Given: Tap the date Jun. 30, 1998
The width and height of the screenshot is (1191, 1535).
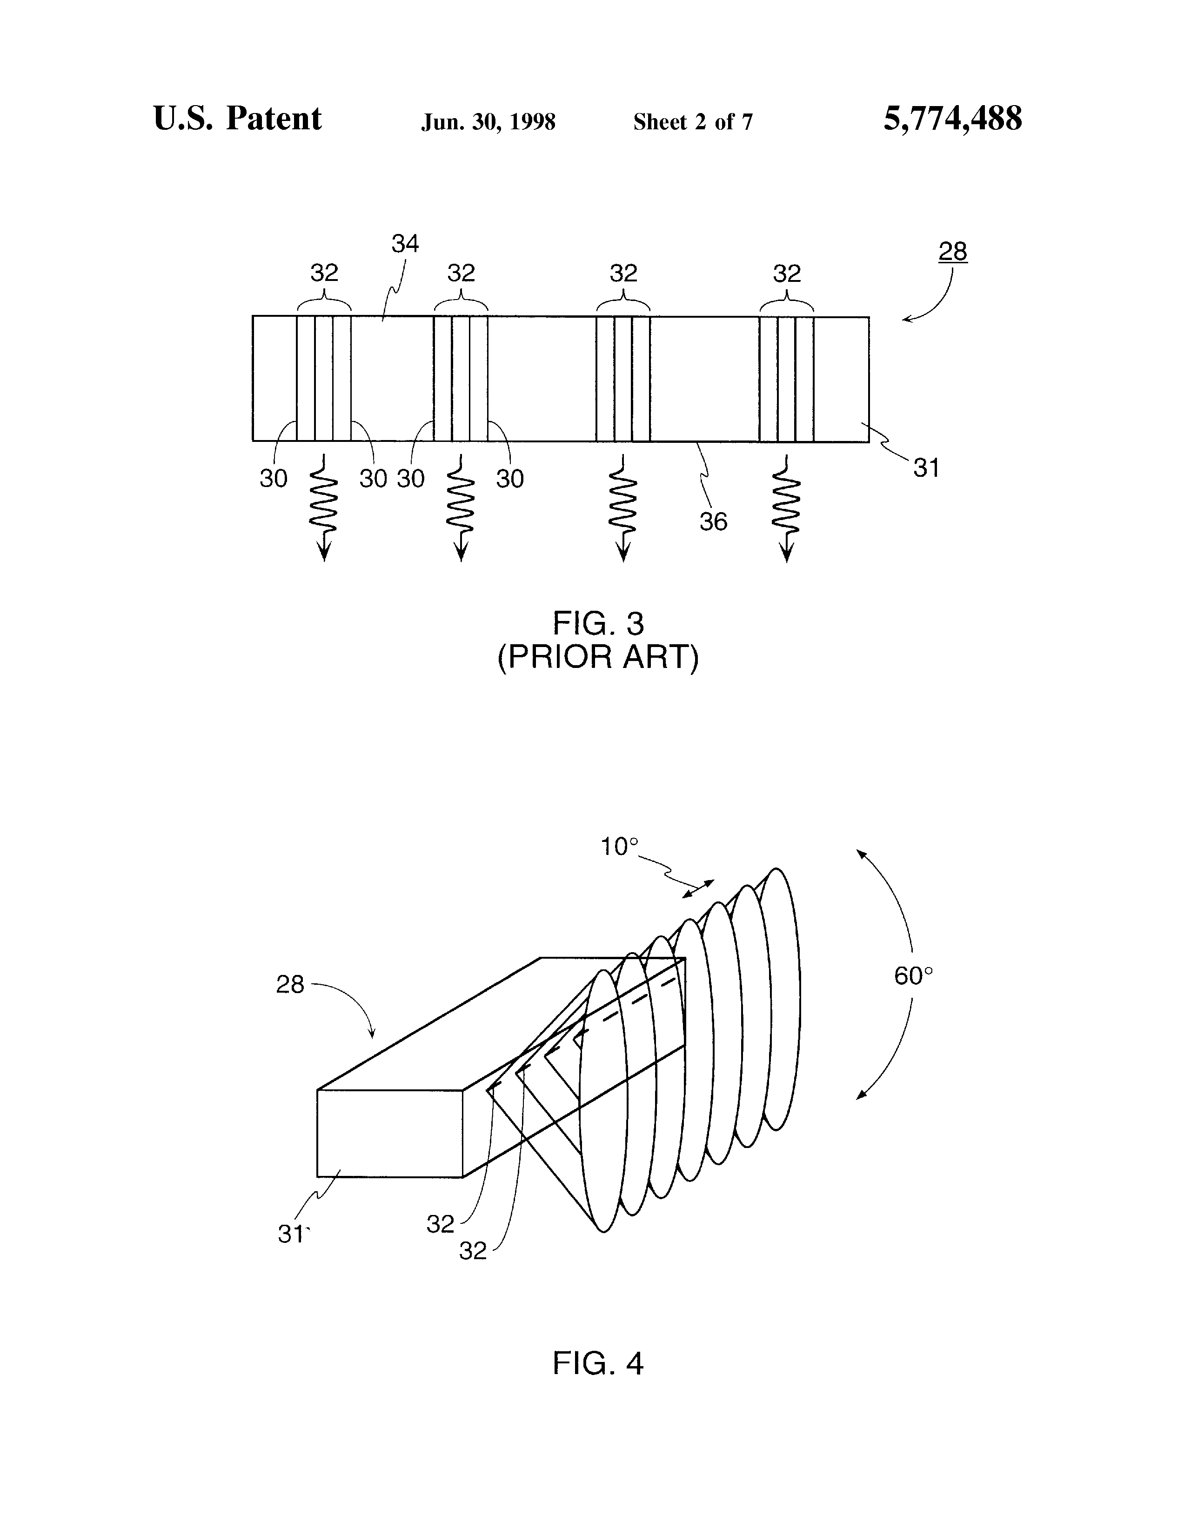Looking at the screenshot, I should (488, 122).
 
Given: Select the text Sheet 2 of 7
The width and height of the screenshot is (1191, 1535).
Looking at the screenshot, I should (693, 122).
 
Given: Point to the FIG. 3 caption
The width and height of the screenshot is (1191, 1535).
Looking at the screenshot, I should (598, 623).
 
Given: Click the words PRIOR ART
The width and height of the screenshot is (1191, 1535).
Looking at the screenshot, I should (598, 658).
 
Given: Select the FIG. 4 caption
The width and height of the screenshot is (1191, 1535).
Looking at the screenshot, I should (598, 1363).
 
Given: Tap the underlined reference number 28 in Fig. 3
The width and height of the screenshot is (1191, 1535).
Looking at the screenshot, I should (953, 251).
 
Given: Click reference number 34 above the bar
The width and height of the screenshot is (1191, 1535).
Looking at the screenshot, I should (405, 244).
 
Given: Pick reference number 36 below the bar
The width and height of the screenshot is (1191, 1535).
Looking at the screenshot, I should (713, 521).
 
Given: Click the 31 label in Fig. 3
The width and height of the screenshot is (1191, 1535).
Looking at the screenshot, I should (926, 467).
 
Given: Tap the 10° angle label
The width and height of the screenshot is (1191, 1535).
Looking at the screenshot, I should (619, 847).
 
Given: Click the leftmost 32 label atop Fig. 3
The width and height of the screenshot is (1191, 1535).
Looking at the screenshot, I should (324, 273).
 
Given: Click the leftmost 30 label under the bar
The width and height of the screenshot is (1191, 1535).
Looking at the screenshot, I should (274, 479).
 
